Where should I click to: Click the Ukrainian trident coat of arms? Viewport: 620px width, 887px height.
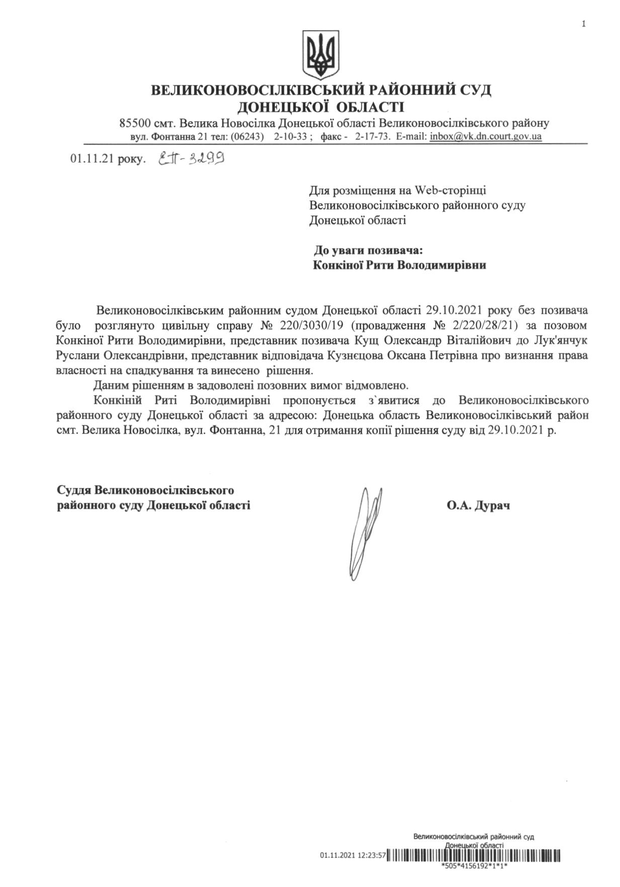[x=320, y=54]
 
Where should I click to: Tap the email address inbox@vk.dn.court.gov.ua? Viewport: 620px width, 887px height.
[x=486, y=137]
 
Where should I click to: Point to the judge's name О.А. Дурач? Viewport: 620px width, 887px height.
[x=478, y=505]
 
